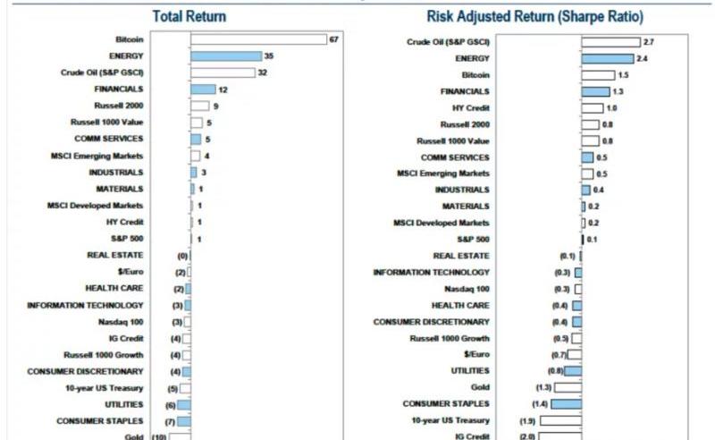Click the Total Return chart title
[189, 16]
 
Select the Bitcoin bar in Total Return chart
[258, 39]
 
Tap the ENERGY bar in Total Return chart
[225, 55]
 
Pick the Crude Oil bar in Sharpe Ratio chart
[610, 42]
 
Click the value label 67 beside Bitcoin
[333, 39]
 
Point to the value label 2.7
[649, 42]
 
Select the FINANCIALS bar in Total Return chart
[203, 89]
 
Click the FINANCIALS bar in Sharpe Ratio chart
[595, 91]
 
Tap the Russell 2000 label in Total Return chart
[119, 106]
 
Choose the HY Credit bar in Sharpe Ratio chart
[592, 108]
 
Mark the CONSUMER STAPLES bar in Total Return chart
[184, 421]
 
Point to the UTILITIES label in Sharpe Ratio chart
[470, 370]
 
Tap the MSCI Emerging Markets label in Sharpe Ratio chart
[443, 173]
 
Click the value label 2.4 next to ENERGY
[642, 58]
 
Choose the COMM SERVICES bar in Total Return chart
[196, 139]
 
